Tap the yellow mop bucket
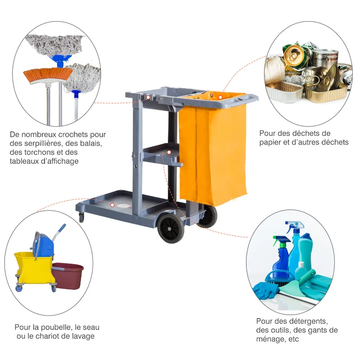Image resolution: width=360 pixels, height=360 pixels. tap(34, 268)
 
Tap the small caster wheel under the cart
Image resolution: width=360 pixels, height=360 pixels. tap(81, 218)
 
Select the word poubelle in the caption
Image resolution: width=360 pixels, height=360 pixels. tap(54, 327)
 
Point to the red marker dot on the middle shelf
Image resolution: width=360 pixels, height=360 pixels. tap(169, 153)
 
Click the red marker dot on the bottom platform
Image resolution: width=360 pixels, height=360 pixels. tap(112, 205)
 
